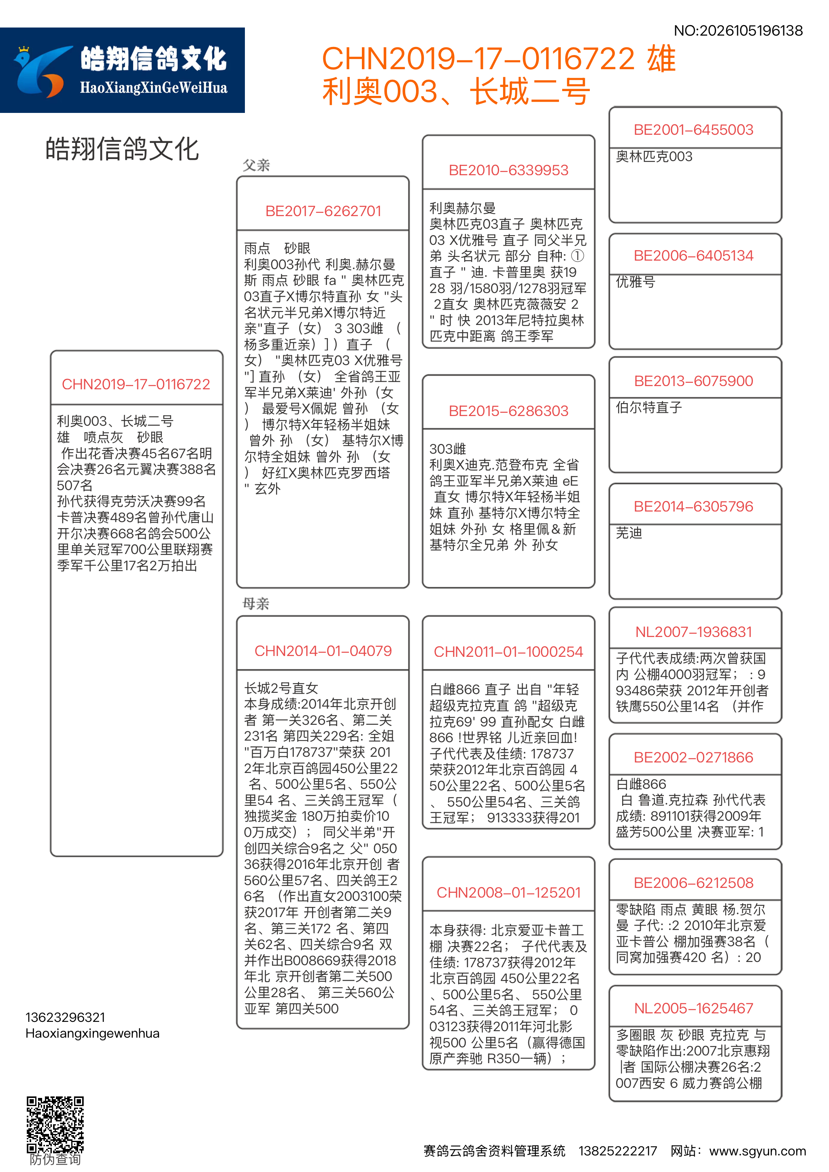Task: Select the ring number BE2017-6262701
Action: click(323, 211)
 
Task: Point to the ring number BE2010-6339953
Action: click(508, 170)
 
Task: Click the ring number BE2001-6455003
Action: click(693, 130)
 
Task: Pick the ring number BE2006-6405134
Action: click(693, 256)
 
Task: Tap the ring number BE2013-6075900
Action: click(693, 381)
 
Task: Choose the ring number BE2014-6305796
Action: click(693, 507)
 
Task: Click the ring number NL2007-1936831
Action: click(693, 633)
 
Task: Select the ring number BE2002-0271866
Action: click(693, 758)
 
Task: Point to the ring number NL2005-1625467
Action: click(693, 1009)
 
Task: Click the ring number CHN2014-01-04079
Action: click(323, 651)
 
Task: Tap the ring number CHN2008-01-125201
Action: click(508, 893)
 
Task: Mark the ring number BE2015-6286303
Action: click(508, 411)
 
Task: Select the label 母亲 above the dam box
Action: click(256, 604)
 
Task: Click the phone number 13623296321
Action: click(65, 1018)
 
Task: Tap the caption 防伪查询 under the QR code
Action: click(55, 1160)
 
